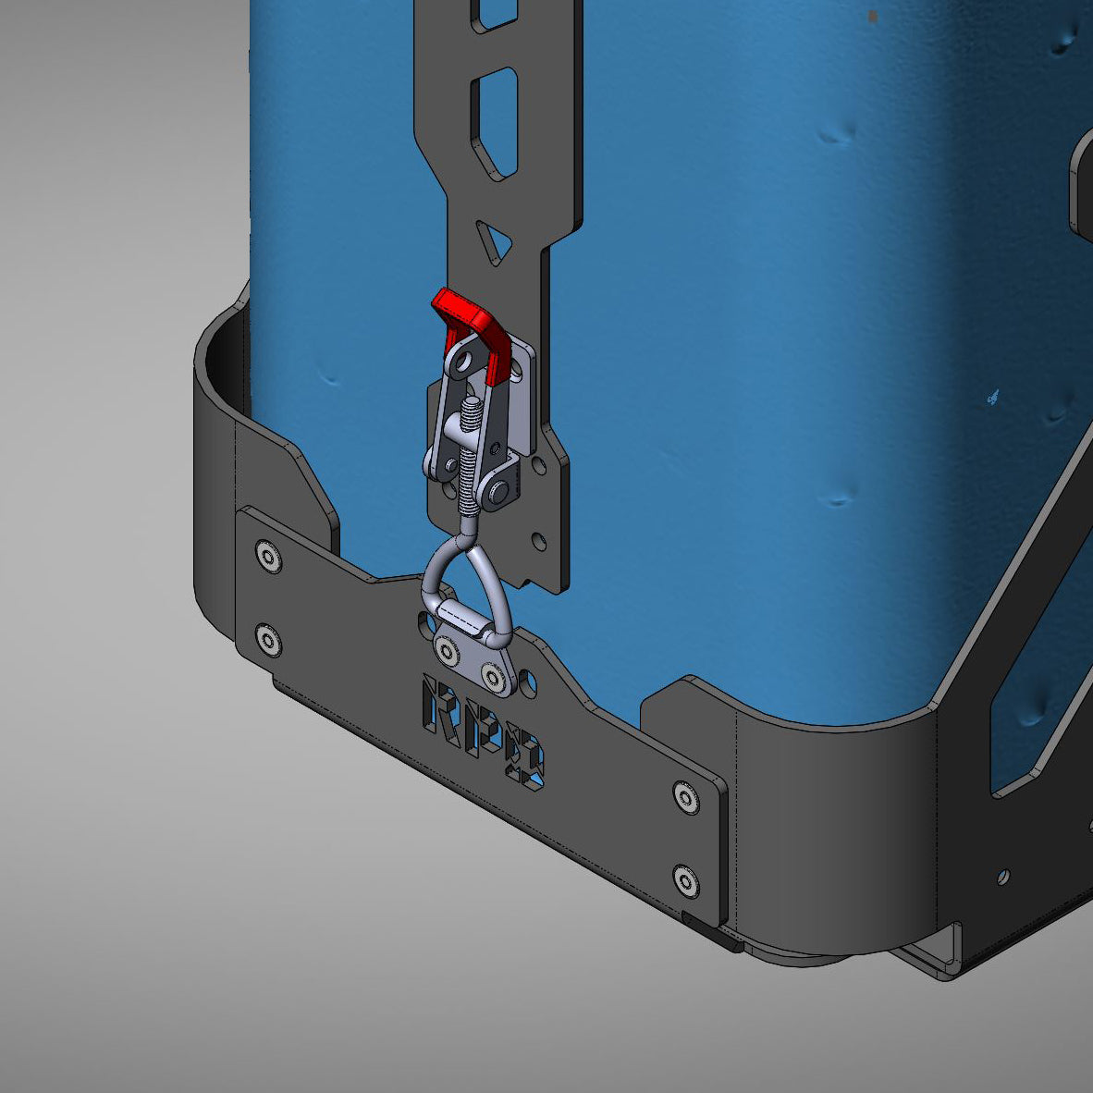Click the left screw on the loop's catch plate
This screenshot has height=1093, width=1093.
[x=448, y=654]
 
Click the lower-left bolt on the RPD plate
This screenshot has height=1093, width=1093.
[x=268, y=640]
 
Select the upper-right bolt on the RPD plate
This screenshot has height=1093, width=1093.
[x=684, y=795]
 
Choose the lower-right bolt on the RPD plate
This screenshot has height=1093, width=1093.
[x=685, y=879]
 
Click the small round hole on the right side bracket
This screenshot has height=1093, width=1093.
[x=1003, y=876]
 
